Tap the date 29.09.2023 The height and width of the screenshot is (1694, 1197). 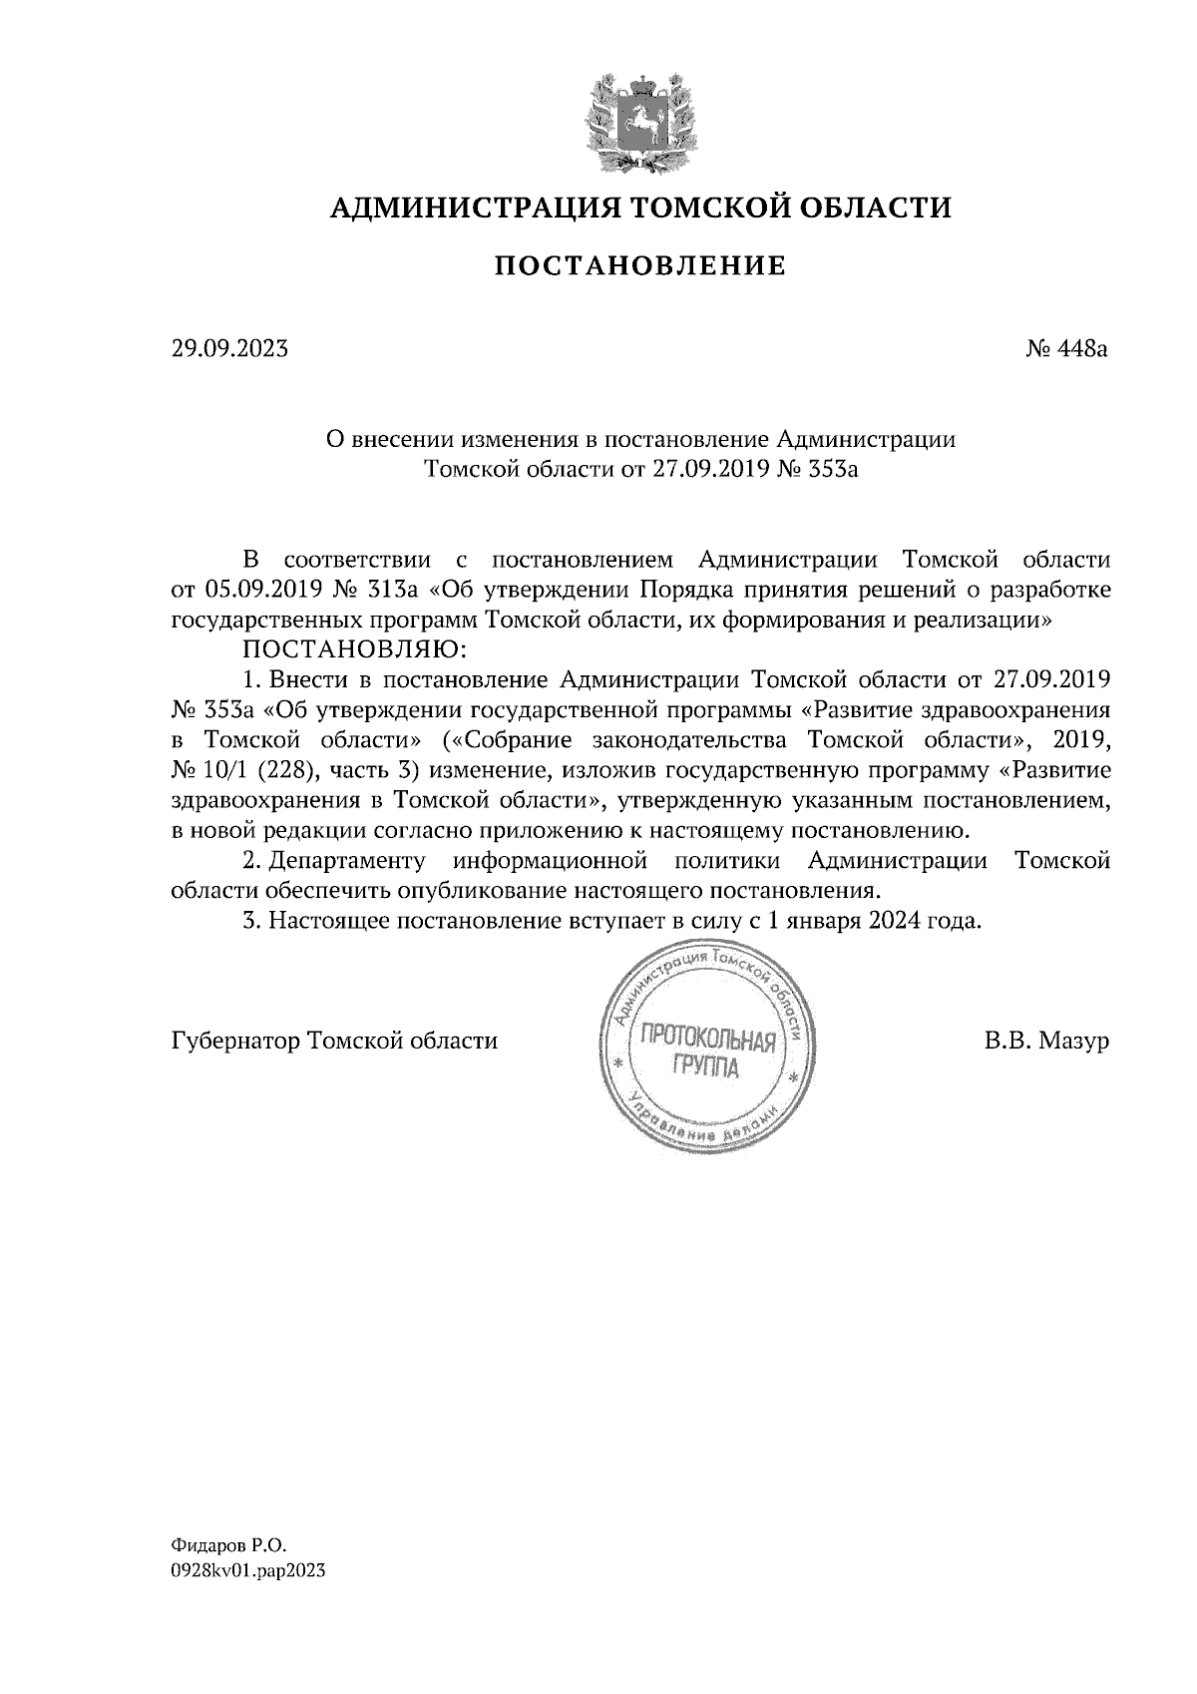tap(229, 349)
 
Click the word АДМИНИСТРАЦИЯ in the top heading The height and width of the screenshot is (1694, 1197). tap(463, 208)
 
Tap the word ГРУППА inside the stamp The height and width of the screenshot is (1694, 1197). tap(706, 1070)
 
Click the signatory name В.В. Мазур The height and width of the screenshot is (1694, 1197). tap(1046, 1042)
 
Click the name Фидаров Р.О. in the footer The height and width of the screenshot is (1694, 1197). tap(228, 1545)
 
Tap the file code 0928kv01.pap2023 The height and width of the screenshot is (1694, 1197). tap(248, 1570)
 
